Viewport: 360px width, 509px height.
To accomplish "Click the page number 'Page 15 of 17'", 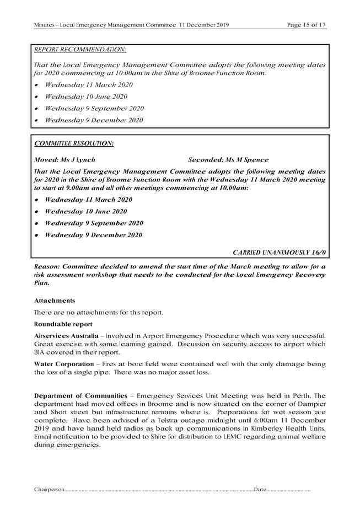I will (x=307, y=25).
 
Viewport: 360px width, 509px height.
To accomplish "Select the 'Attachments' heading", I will (x=53, y=301).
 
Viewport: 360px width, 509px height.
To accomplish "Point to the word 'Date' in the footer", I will (x=261, y=489).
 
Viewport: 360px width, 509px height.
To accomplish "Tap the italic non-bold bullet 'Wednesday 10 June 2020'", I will (x=86, y=97).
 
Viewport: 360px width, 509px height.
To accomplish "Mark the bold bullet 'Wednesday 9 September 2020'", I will (x=94, y=223).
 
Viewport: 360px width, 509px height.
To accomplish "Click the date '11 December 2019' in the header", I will (x=204, y=25).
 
